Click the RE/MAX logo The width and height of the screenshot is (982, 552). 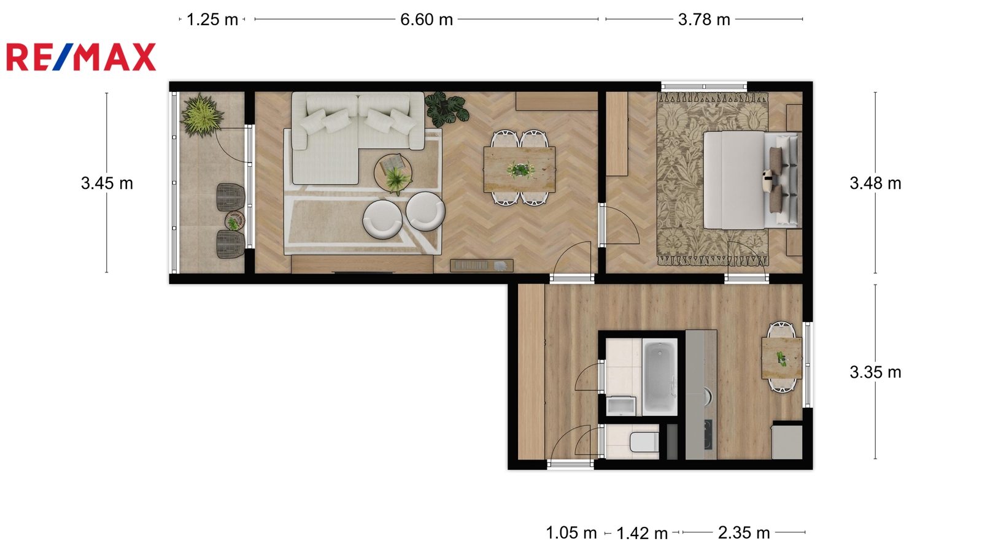(x=81, y=57)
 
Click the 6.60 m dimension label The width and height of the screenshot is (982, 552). (x=427, y=20)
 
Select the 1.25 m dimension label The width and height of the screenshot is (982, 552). (x=212, y=20)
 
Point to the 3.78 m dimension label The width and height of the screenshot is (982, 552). (x=704, y=20)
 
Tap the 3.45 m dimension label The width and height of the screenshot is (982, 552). (x=107, y=183)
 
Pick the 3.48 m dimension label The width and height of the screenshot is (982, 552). (x=875, y=183)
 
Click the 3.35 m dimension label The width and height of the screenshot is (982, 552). (x=875, y=372)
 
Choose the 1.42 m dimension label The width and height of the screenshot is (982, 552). (x=642, y=533)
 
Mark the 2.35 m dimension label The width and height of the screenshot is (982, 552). (x=744, y=533)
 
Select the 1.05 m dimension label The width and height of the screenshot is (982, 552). (x=571, y=533)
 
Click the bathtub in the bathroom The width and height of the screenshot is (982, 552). (x=660, y=377)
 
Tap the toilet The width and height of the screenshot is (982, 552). (x=644, y=442)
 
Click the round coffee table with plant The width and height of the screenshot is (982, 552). (x=393, y=174)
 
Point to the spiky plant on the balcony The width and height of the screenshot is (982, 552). (x=201, y=115)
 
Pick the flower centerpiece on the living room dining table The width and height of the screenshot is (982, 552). (x=521, y=169)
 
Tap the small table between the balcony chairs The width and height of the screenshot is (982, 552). (x=235, y=221)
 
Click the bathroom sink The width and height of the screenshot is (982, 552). (x=621, y=405)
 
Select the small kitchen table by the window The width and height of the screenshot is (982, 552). (x=782, y=358)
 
